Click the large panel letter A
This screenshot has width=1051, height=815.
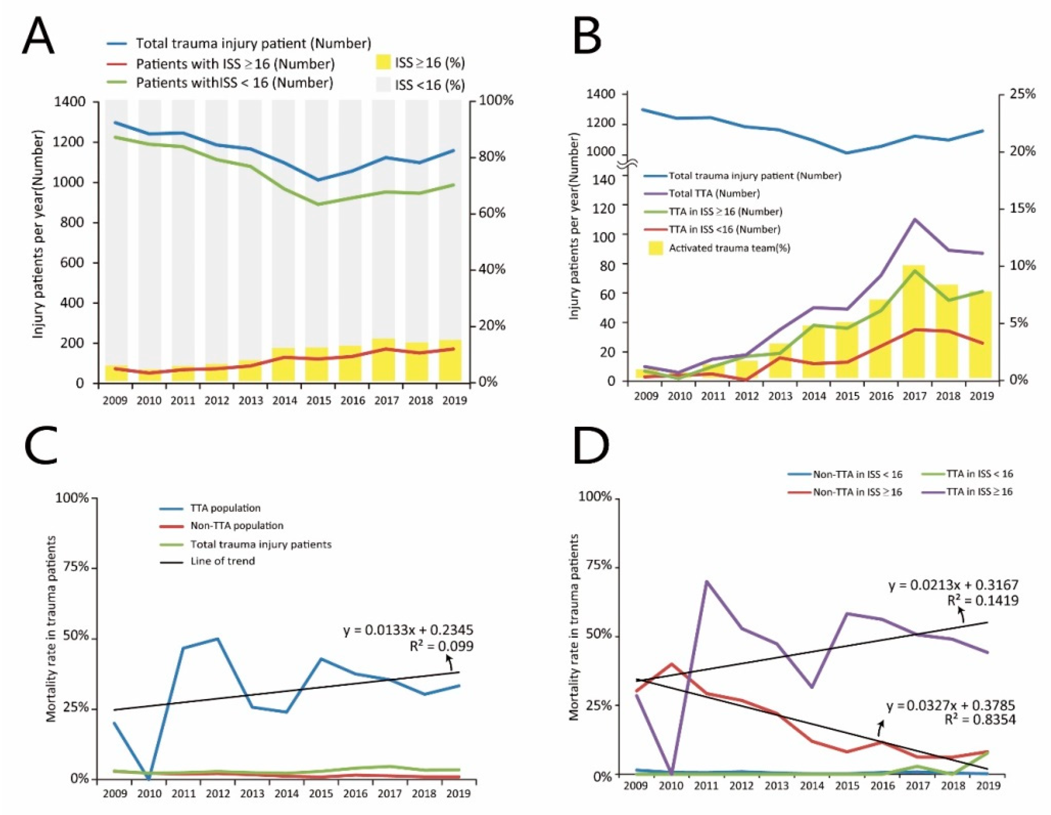coord(39,36)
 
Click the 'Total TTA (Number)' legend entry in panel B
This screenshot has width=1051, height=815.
coord(714,194)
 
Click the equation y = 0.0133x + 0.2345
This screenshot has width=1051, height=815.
coord(407,630)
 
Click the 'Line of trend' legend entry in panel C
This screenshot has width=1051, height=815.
coord(222,561)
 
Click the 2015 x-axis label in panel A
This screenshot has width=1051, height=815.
coord(319,401)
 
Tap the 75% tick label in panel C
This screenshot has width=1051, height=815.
coord(73,567)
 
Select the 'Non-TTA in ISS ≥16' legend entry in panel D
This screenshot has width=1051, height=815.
coord(857,491)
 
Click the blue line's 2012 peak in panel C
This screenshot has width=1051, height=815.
coord(217,639)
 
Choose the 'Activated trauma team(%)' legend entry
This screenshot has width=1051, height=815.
coord(729,248)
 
